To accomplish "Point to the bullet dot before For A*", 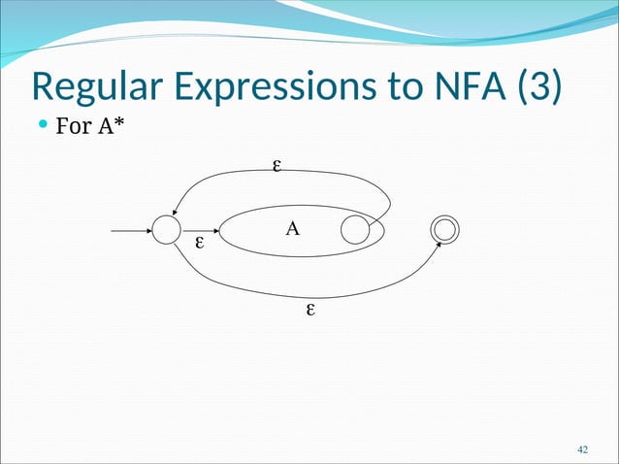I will click(x=41, y=126).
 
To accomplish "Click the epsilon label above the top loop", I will click(x=277, y=166).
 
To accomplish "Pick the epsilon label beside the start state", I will click(x=199, y=241).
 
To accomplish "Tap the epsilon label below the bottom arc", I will click(x=310, y=311).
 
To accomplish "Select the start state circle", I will click(x=166, y=231).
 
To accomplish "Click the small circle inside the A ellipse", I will click(x=355, y=231).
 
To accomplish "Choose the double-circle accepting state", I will click(x=444, y=229).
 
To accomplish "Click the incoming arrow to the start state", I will click(x=131, y=231).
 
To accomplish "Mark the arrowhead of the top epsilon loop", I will click(x=177, y=215).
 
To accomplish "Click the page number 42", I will click(x=583, y=449).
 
